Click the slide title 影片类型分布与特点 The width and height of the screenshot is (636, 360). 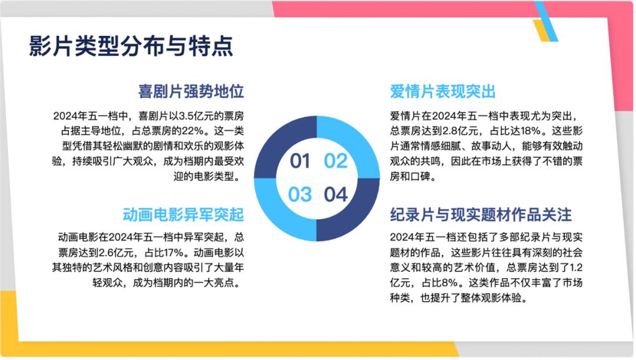pyautogui.click(x=131, y=45)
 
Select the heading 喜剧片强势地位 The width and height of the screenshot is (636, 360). pyautogui.click(x=191, y=91)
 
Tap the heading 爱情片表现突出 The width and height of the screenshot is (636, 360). pyautogui.click(x=442, y=91)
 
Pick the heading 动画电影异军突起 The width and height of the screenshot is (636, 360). pyautogui.click(x=183, y=214)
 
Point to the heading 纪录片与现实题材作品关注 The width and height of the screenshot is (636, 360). pyautogui.click(x=481, y=214)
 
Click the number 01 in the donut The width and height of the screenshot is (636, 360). pyautogui.click(x=300, y=161)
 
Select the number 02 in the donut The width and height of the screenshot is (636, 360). pyautogui.click(x=336, y=161)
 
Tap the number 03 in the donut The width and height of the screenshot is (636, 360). pyautogui.click(x=300, y=194)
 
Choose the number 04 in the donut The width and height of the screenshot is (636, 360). pyautogui.click(x=336, y=194)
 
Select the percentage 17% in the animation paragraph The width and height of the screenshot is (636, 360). pyautogui.click(x=173, y=253)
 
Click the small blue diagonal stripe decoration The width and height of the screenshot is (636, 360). pyautogui.click(x=546, y=21)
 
